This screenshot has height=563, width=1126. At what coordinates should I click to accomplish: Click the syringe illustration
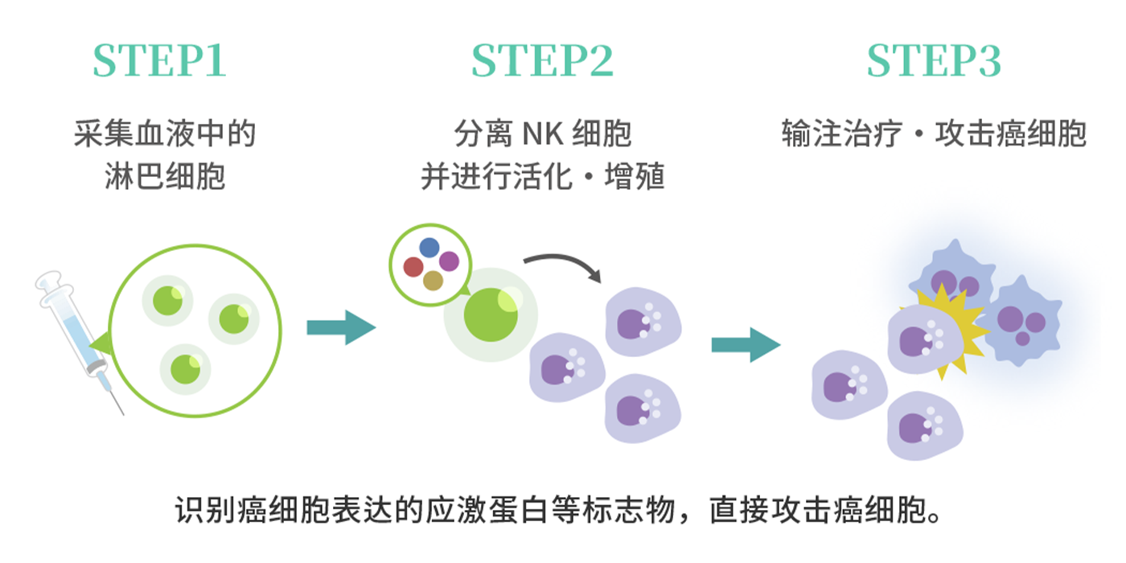tap(76, 338)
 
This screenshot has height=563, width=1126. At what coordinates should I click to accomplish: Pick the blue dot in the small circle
tap(429, 248)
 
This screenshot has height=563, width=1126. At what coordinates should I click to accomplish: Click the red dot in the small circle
tap(413, 267)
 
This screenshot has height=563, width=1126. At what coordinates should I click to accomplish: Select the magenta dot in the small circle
tap(449, 261)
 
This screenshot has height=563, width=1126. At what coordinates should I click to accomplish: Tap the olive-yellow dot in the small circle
tap(433, 281)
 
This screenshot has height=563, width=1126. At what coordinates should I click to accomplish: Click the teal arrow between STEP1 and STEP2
tap(341, 327)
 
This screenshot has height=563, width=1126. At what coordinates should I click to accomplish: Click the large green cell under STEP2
tap(491, 314)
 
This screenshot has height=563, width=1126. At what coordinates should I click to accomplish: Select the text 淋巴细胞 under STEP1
tap(165, 176)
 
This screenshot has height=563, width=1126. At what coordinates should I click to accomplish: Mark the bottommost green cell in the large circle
tap(185, 368)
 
